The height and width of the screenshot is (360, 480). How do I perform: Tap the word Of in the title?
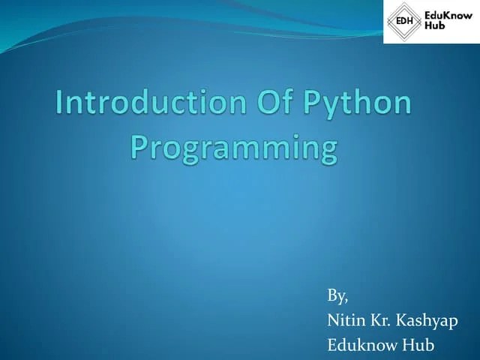click(267, 103)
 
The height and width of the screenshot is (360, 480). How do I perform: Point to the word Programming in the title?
click(234, 147)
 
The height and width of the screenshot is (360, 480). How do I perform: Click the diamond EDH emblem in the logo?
click(403, 22)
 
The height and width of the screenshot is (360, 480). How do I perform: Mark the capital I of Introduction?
click(61, 103)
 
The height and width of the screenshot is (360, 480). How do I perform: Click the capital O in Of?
click(259, 103)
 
